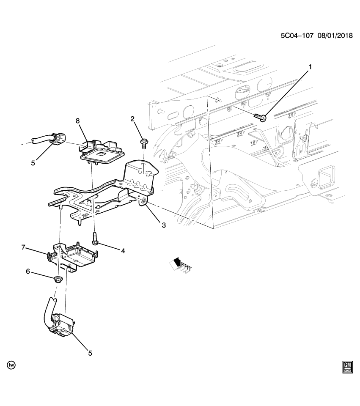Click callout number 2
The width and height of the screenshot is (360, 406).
[x=132, y=119]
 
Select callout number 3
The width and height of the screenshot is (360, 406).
[x=163, y=225]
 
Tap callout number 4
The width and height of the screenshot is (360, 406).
[x=123, y=251]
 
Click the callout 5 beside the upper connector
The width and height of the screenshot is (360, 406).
[x=33, y=162]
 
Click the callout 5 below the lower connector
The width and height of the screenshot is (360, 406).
[x=90, y=353]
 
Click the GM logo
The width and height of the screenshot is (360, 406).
[x=347, y=368]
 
